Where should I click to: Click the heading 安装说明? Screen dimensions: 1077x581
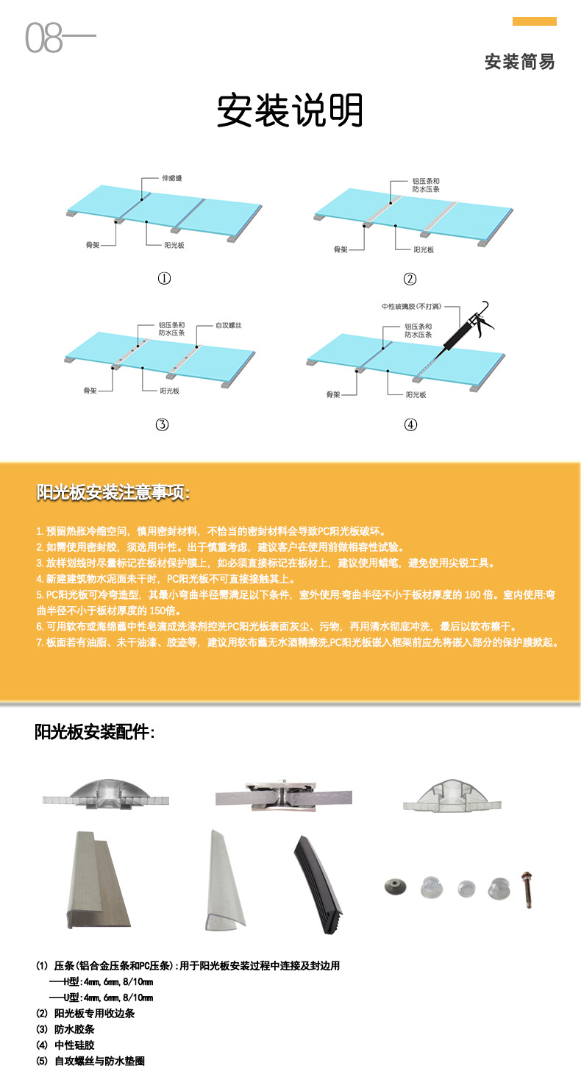(290, 111)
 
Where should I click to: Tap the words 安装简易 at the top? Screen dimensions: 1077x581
(519, 62)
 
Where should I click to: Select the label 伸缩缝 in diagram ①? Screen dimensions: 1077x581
(171, 178)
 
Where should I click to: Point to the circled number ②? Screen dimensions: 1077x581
(410, 279)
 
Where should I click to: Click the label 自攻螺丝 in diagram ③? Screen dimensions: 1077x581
(229, 324)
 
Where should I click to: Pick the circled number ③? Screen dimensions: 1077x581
(162, 424)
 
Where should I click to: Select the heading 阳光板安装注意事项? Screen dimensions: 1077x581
(114, 493)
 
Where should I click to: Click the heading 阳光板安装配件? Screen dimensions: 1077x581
(94, 732)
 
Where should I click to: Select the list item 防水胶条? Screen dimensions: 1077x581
(74, 1029)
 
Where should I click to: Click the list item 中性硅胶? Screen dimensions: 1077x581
(74, 1045)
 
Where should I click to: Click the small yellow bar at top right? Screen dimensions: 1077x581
(534, 21)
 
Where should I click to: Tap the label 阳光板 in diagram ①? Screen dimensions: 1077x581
(174, 245)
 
